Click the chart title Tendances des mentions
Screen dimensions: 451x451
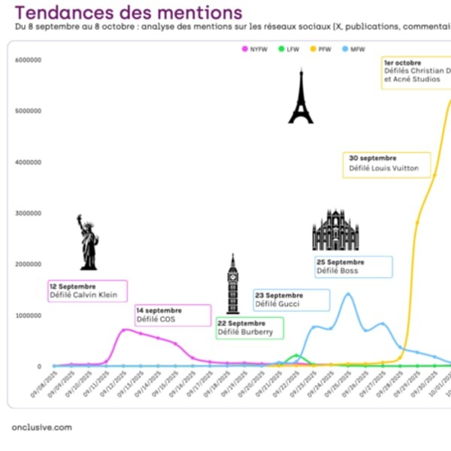129,12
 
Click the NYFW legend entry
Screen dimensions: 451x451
255,49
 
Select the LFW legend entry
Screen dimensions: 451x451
290,49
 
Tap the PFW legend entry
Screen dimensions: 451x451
321,49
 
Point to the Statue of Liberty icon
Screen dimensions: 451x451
88,242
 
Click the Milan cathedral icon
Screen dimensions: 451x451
335,231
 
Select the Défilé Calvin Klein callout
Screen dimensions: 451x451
87,291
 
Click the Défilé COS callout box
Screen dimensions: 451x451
173,315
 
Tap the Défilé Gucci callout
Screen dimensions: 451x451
292,299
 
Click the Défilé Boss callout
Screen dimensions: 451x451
353,266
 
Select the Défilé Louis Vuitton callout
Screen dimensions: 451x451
388,164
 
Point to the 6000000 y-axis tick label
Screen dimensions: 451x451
28,60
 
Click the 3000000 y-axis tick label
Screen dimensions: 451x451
28,213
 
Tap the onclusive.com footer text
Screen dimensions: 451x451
42,427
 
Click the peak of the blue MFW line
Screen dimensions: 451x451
347,294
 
